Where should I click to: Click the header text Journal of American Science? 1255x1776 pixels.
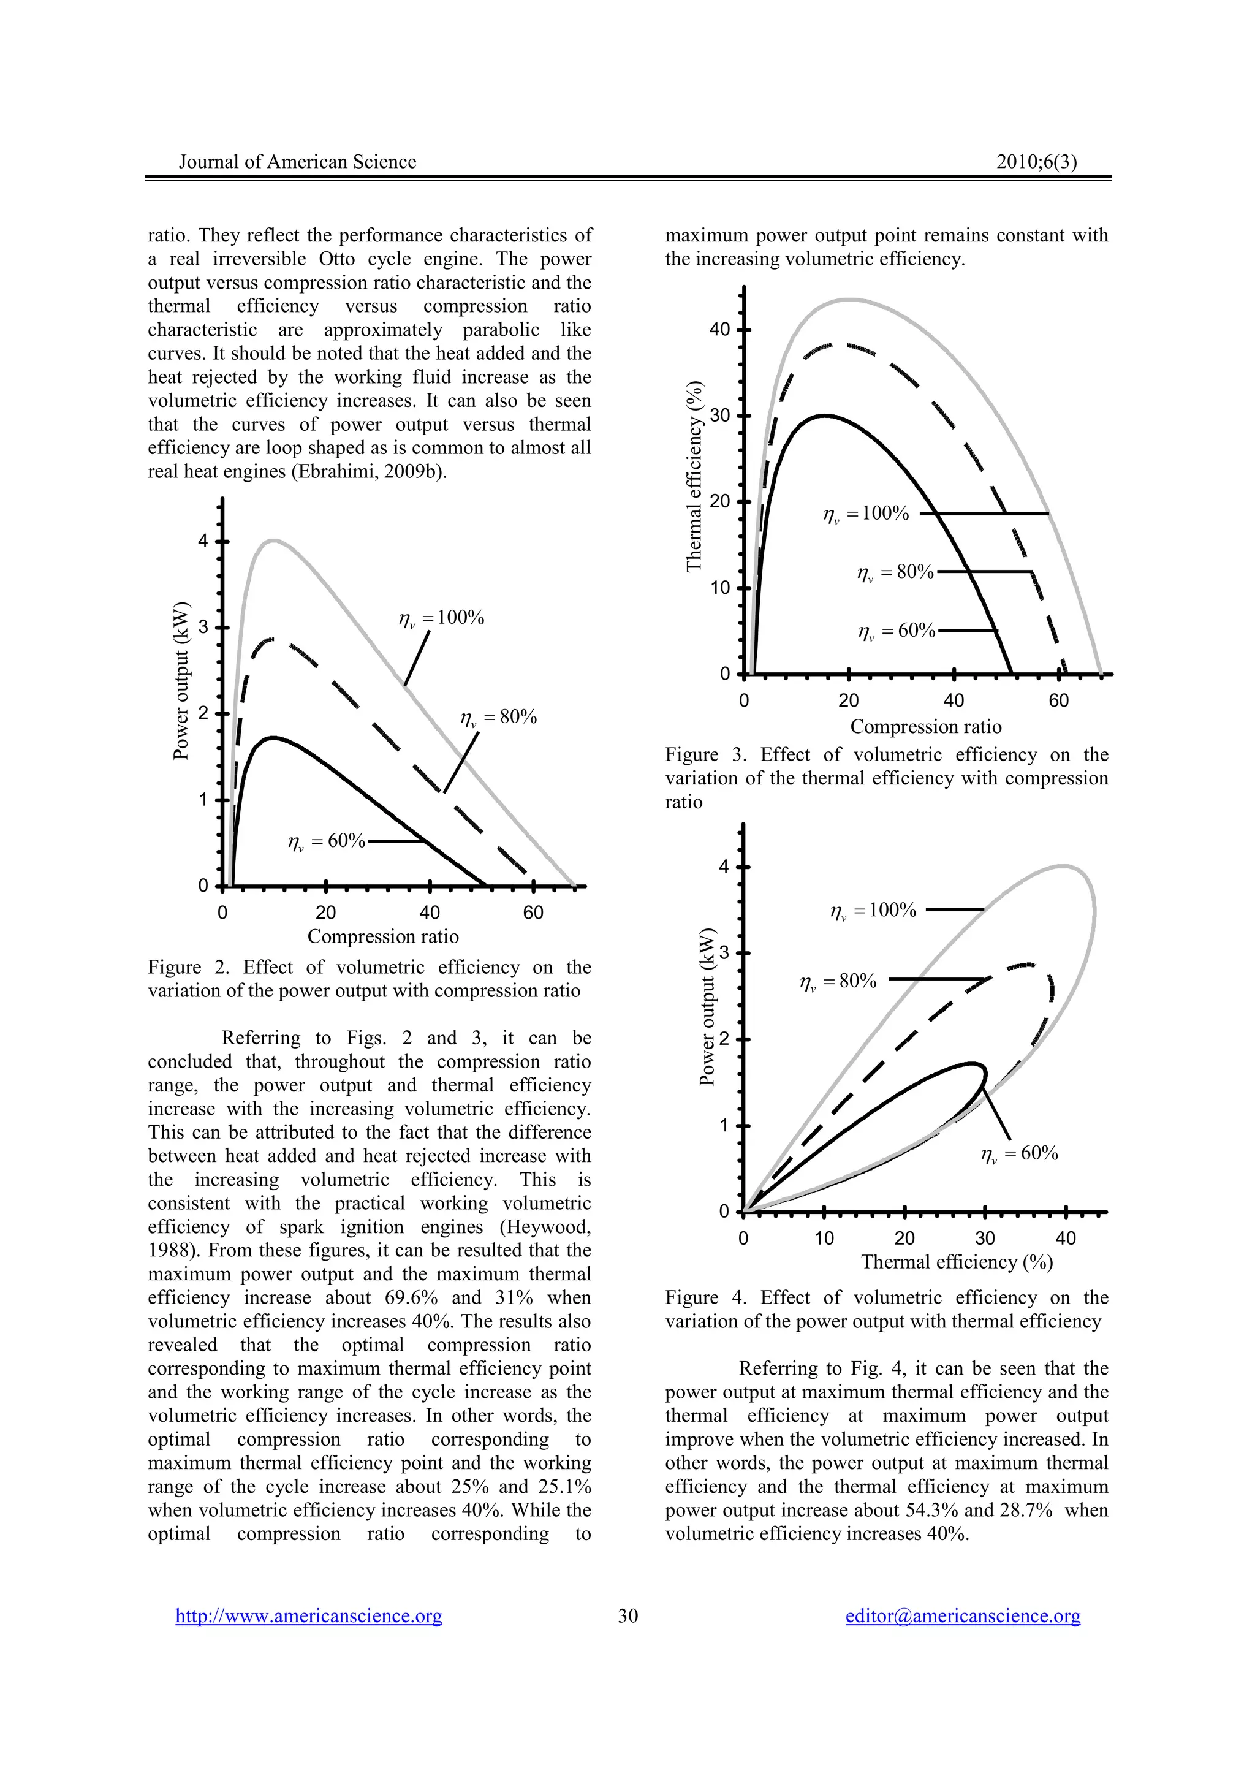[297, 162]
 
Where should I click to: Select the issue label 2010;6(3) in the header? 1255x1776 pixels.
[1036, 162]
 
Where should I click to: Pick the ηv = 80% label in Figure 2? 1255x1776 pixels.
[498, 717]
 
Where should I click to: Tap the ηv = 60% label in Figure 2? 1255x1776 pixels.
[327, 841]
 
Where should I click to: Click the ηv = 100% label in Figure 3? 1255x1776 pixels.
[866, 514]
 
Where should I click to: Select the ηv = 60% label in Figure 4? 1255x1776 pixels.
[1019, 1153]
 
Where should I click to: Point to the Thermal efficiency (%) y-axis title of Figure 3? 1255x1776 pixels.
[694, 477]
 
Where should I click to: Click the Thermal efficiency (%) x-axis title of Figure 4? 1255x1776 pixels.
[957, 1262]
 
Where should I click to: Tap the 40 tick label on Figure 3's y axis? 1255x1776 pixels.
[719, 330]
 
